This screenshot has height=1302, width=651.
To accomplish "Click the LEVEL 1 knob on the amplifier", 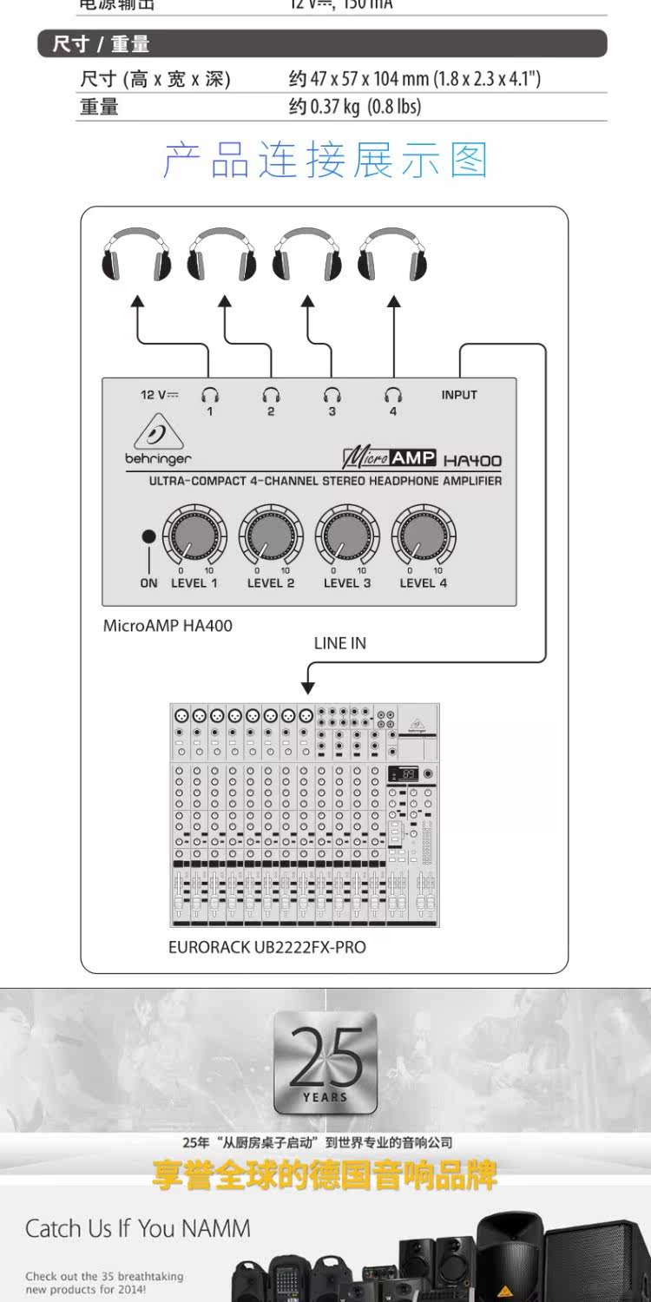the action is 195,536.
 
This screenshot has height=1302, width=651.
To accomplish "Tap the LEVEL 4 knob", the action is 424,536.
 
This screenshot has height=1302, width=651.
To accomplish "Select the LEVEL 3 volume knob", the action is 347,536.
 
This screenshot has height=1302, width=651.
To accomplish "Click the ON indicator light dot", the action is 148,536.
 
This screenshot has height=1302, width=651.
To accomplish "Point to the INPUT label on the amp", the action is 459,395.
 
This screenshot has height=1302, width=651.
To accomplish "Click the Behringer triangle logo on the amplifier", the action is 157,435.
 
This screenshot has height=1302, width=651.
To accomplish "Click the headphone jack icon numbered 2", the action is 271,396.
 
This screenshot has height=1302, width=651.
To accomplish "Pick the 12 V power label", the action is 160,395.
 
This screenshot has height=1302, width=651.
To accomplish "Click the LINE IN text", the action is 340,643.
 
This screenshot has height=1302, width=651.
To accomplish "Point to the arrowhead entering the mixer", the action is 307,687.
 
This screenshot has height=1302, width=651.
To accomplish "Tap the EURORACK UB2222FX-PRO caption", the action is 267,947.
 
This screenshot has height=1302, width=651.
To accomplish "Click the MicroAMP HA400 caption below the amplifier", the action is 168,625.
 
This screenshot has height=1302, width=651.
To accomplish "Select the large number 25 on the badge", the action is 325,1056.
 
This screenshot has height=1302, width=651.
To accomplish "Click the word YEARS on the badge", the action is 325,1098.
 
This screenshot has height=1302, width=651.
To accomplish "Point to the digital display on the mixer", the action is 404,773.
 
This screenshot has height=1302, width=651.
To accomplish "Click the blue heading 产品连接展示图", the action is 325,161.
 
